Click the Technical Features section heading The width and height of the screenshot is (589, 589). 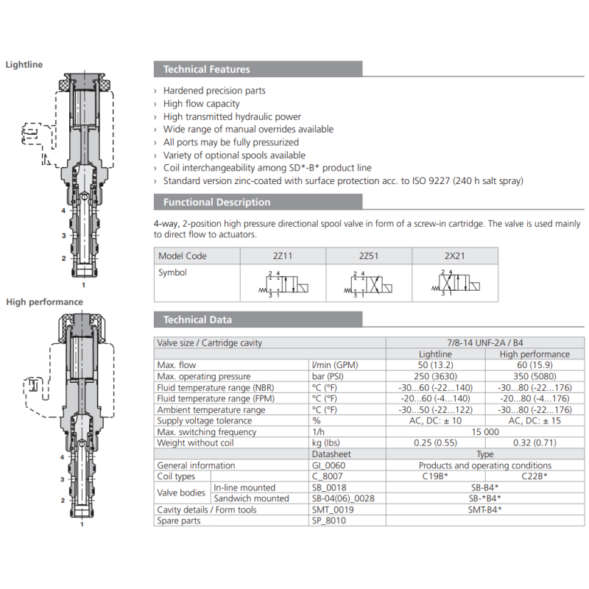pyautogui.click(x=207, y=69)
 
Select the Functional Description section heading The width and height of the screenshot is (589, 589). pyautogui.click(x=216, y=202)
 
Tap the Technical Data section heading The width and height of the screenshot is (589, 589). pyautogui.click(x=197, y=320)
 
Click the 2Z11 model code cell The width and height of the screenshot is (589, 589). pyautogui.click(x=283, y=256)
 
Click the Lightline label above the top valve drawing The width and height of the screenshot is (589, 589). pyautogui.click(x=24, y=65)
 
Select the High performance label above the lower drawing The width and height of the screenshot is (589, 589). pyautogui.click(x=44, y=302)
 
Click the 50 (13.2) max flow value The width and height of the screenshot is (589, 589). pyautogui.click(x=435, y=365)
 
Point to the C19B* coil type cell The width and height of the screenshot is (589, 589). pyautogui.click(x=436, y=476)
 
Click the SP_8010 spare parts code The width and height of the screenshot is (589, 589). pyautogui.click(x=329, y=521)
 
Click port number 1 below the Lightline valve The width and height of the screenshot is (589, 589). pyautogui.click(x=83, y=284)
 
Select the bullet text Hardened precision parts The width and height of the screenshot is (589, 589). pyautogui.click(x=214, y=91)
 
